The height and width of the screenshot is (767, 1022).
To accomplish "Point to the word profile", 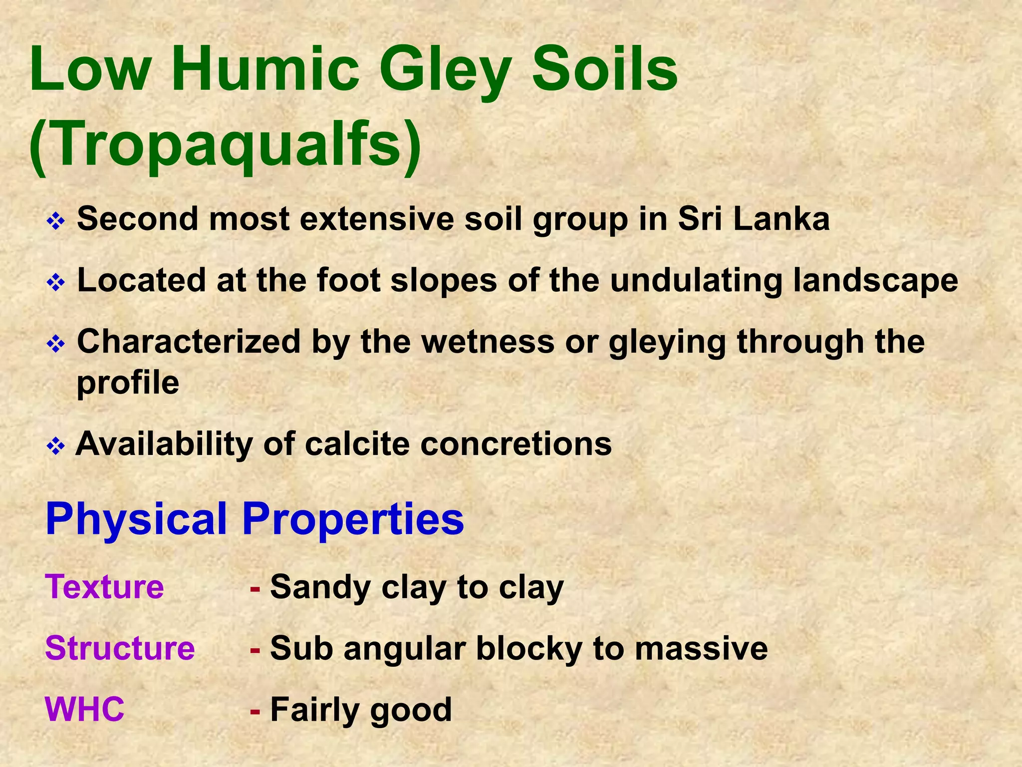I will tap(128, 383).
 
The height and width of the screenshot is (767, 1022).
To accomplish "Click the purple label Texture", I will tap(104, 587).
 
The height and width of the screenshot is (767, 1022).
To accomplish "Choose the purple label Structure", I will tap(120, 648).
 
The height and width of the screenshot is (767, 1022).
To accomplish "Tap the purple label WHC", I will tap(84, 709).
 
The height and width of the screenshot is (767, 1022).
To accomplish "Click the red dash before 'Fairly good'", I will tap(255, 711).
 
